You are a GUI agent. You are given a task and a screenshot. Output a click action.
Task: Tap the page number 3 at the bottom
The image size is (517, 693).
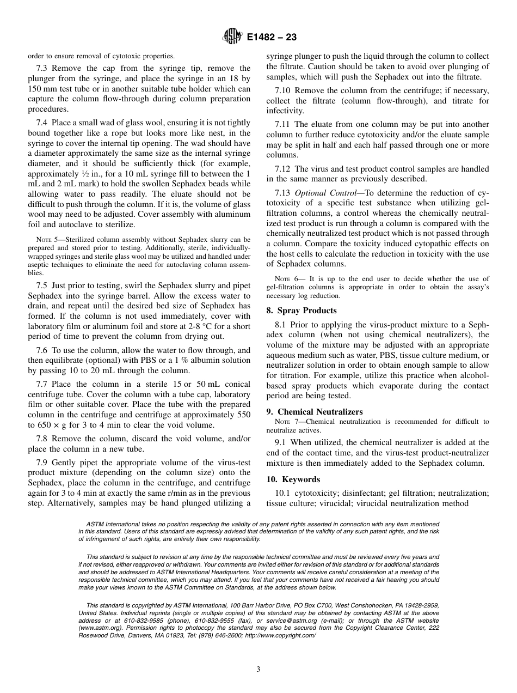click(x=258, y=670)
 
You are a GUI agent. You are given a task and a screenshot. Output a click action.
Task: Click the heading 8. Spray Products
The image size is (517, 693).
click(x=301, y=311)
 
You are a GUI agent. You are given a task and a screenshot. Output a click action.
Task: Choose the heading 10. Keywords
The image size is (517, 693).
click(x=293, y=479)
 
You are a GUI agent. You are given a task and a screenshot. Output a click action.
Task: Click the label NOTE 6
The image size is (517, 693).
click(x=284, y=279)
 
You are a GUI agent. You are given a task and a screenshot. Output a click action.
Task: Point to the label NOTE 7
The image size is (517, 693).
click(x=284, y=422)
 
